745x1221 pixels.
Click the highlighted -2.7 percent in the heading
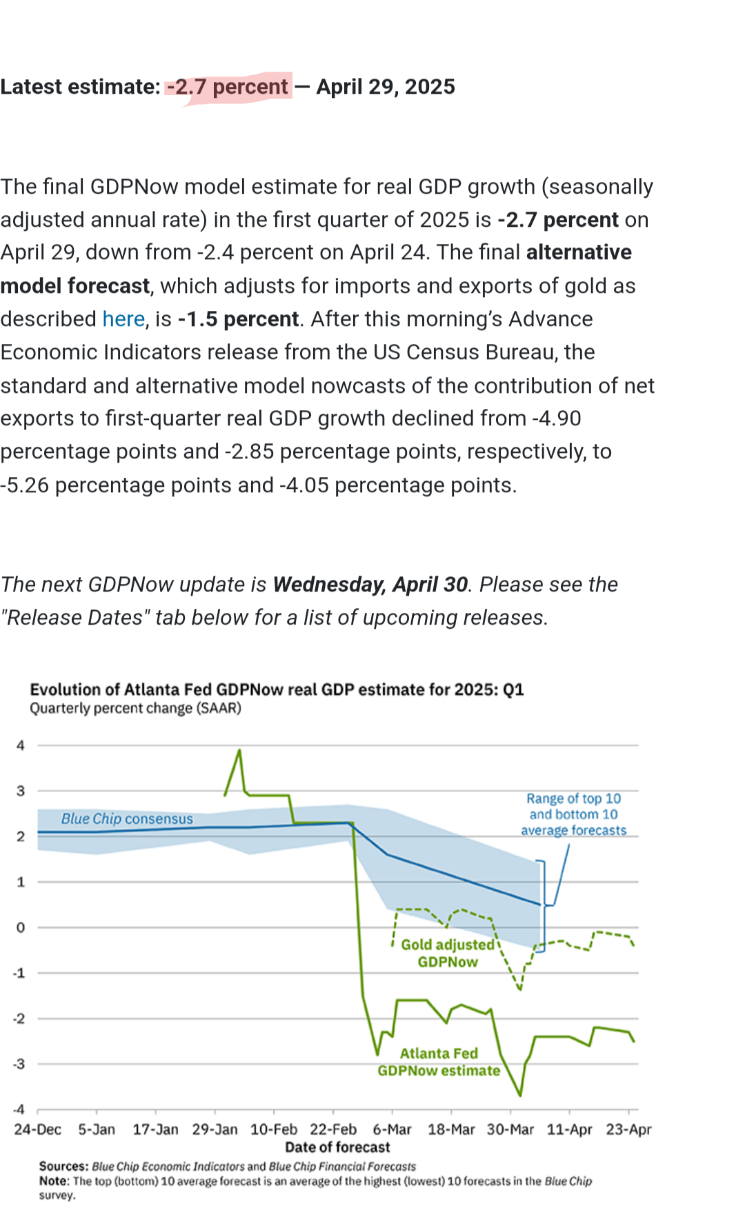pyautogui.click(x=228, y=87)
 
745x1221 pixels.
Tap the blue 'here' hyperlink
pyautogui.click(x=123, y=319)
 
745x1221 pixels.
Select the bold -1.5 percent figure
pyautogui.click(x=238, y=319)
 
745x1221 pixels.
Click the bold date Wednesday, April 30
pyautogui.click(x=370, y=585)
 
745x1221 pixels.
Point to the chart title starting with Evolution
pyautogui.click(x=277, y=689)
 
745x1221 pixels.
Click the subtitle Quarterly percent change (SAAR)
pyautogui.click(x=135, y=709)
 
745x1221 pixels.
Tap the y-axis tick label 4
pyautogui.click(x=21, y=745)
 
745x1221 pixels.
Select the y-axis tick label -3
pyautogui.click(x=19, y=1064)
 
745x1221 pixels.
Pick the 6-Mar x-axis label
pyautogui.click(x=392, y=1129)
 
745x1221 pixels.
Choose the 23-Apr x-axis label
pyautogui.click(x=628, y=1129)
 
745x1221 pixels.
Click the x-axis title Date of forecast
pyautogui.click(x=337, y=1147)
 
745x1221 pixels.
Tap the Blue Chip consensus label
pyautogui.click(x=127, y=818)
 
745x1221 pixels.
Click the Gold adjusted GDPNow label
pyautogui.click(x=448, y=953)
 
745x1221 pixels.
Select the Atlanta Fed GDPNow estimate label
pyautogui.click(x=439, y=1062)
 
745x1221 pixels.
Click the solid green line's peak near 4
pyautogui.click(x=239, y=750)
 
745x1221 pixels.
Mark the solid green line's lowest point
pyautogui.click(x=520, y=1095)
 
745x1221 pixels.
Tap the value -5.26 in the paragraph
pyautogui.click(x=25, y=485)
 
